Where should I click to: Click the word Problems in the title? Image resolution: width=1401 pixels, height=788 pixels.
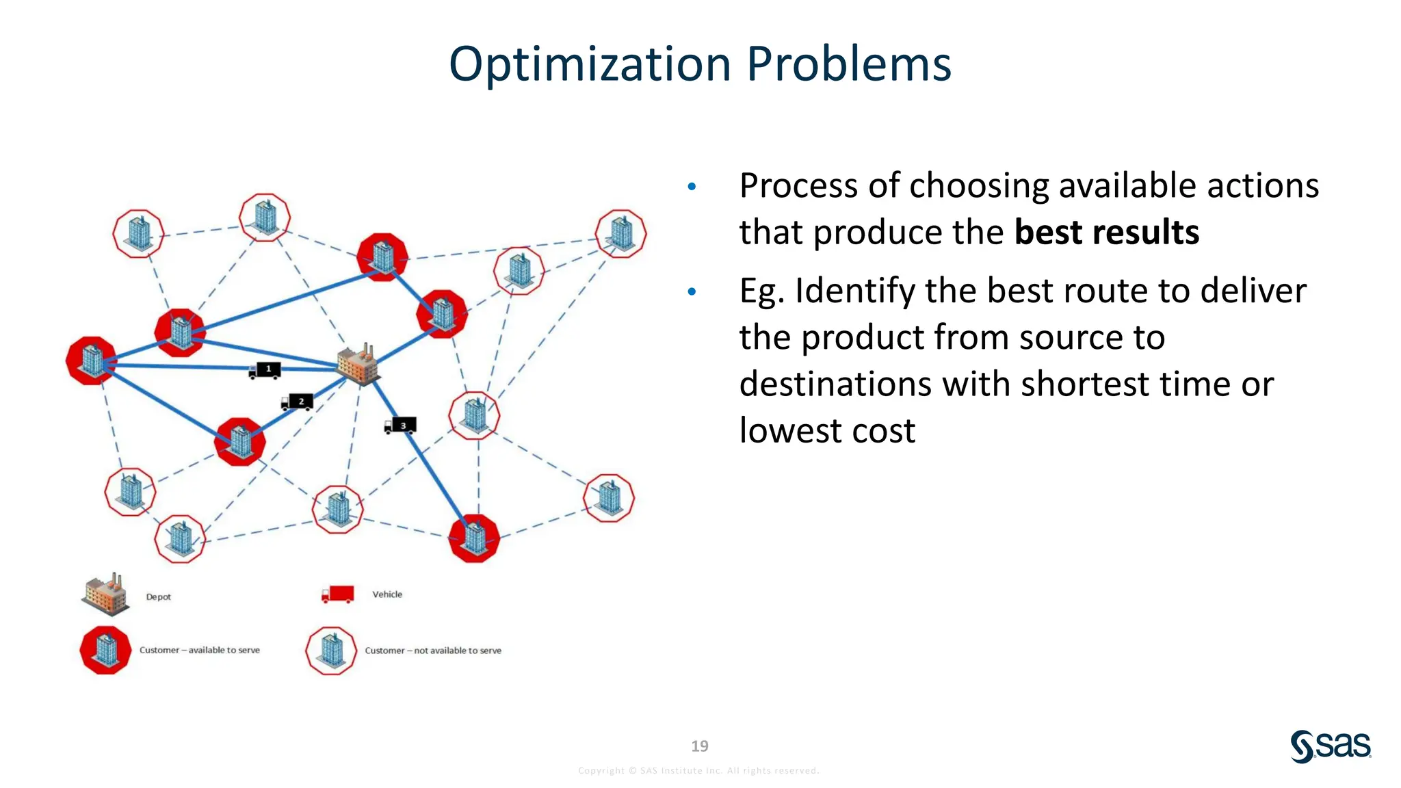(848, 64)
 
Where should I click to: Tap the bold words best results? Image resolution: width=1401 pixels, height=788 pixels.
(1106, 233)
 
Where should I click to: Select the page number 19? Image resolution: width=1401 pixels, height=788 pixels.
(700, 746)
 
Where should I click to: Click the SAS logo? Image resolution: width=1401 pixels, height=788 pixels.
(1330, 746)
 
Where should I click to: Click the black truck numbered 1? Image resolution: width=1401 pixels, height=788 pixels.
(265, 370)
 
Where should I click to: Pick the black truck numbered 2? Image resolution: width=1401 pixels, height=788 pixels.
(298, 402)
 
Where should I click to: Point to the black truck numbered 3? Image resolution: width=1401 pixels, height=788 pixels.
(400, 426)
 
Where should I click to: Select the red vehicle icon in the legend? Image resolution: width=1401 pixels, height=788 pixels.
(338, 594)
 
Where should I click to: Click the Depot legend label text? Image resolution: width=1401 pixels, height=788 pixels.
(158, 597)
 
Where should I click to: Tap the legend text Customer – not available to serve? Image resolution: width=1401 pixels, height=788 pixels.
(432, 651)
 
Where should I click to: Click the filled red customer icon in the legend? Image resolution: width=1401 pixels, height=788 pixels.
(105, 650)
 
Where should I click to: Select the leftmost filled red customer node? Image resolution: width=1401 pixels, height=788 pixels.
(92, 360)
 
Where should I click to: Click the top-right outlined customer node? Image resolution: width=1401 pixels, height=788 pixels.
(620, 234)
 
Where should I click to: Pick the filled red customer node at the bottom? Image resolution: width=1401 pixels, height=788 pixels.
(474, 538)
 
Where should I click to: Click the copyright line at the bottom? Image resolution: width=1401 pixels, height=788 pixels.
(698, 771)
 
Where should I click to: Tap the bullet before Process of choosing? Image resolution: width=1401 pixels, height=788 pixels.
(692, 187)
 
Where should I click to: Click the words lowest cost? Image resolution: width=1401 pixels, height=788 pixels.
(826, 431)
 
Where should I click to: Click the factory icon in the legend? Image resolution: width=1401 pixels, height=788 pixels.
(105, 594)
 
